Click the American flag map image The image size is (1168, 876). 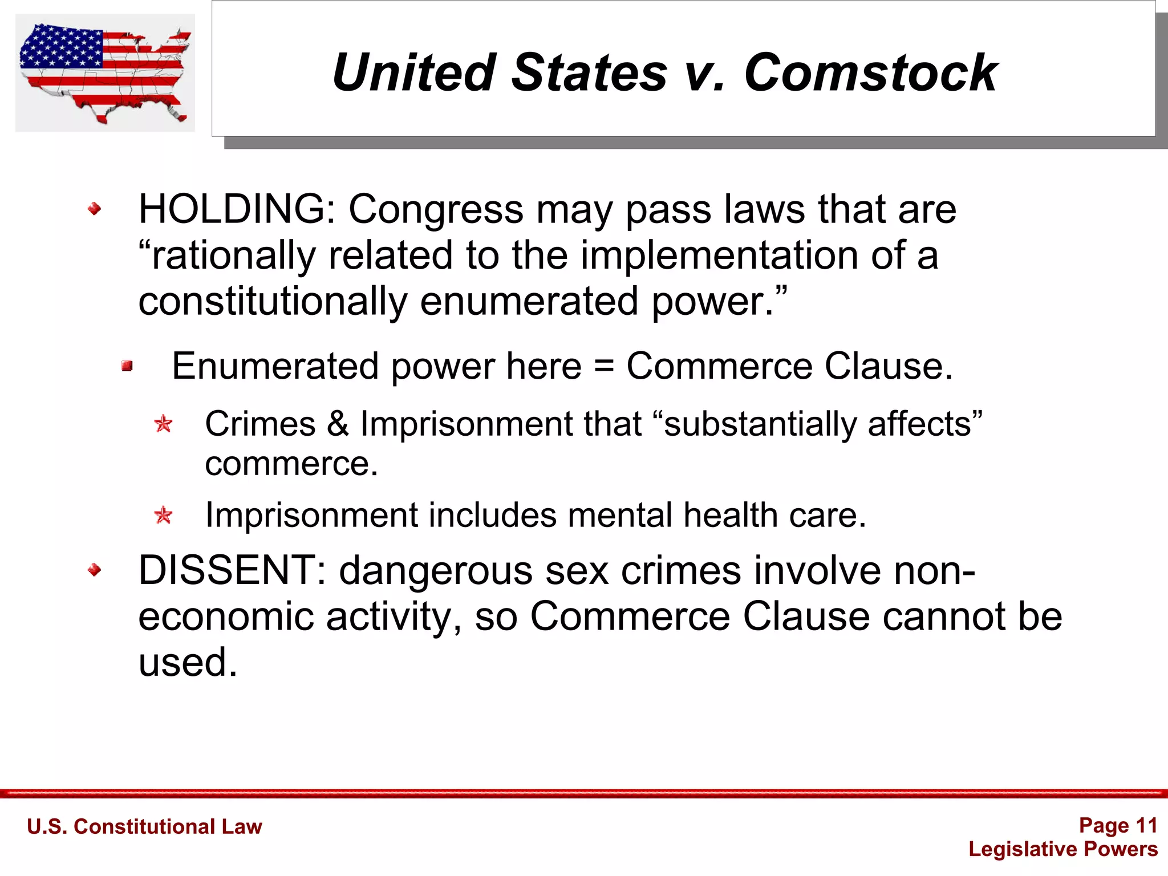click(x=105, y=72)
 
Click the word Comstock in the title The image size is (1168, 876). click(x=870, y=72)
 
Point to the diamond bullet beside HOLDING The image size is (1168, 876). click(x=95, y=209)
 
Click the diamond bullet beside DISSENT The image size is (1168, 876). click(x=95, y=570)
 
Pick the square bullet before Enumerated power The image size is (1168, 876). click(x=127, y=366)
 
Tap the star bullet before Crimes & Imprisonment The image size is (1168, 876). click(x=164, y=424)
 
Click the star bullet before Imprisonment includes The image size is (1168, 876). click(x=164, y=516)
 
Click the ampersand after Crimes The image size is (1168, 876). click(x=338, y=424)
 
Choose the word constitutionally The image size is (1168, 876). click(x=273, y=301)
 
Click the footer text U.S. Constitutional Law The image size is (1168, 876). click(x=144, y=826)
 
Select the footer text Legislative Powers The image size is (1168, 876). click(x=1063, y=849)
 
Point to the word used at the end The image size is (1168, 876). click(x=187, y=663)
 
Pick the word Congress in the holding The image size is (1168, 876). click(x=436, y=209)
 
